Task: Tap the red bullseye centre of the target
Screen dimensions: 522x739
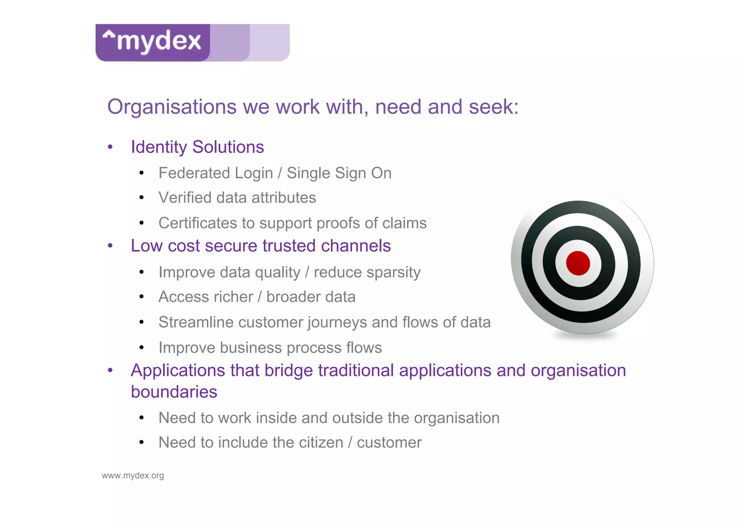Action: (578, 263)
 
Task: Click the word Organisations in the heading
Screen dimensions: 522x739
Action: (172, 107)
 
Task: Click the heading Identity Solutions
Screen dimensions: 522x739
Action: (197, 147)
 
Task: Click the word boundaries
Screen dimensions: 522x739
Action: (174, 392)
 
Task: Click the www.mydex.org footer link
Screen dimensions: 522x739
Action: (133, 475)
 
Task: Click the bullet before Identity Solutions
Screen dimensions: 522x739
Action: (110, 147)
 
